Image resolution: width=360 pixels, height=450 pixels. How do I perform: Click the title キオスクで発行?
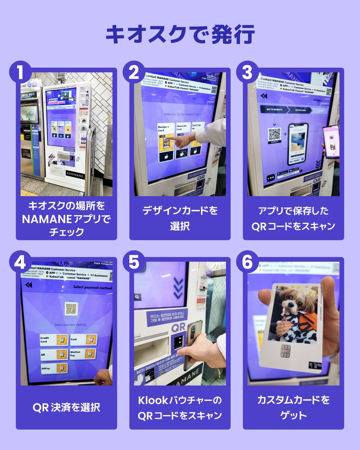click(180, 34)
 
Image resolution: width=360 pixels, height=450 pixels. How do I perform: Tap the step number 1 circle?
click(21, 72)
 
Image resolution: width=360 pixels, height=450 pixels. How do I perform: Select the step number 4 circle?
click(21, 262)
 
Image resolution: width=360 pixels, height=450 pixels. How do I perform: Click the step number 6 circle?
click(247, 262)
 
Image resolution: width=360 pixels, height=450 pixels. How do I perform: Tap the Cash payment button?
click(84, 339)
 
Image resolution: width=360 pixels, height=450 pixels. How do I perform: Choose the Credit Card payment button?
click(54, 339)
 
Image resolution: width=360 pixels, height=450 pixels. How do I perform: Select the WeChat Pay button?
click(84, 354)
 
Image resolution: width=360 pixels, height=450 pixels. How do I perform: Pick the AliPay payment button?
click(54, 368)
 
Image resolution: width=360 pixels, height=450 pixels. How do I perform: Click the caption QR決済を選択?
click(66, 408)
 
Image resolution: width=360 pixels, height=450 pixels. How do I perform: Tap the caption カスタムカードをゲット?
click(293, 408)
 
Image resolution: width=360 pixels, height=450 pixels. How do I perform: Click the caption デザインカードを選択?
click(180, 218)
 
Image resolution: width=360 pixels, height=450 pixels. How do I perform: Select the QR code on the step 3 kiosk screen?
click(275, 134)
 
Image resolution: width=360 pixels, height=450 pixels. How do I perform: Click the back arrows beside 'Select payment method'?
click(28, 285)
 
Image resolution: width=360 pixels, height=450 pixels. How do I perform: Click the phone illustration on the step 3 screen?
click(298, 143)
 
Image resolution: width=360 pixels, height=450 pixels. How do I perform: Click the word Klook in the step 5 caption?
click(153, 400)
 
